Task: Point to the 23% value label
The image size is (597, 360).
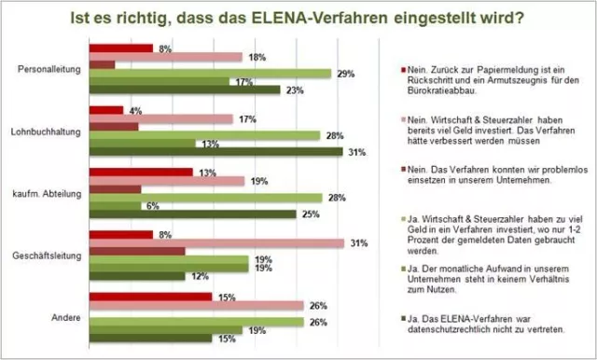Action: coord(293,90)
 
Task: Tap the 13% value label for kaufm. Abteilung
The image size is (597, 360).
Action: coord(206,173)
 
